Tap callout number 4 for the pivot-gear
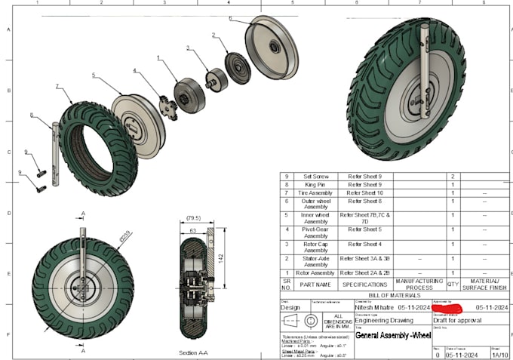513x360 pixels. (134, 70)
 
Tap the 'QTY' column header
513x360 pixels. (453, 284)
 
